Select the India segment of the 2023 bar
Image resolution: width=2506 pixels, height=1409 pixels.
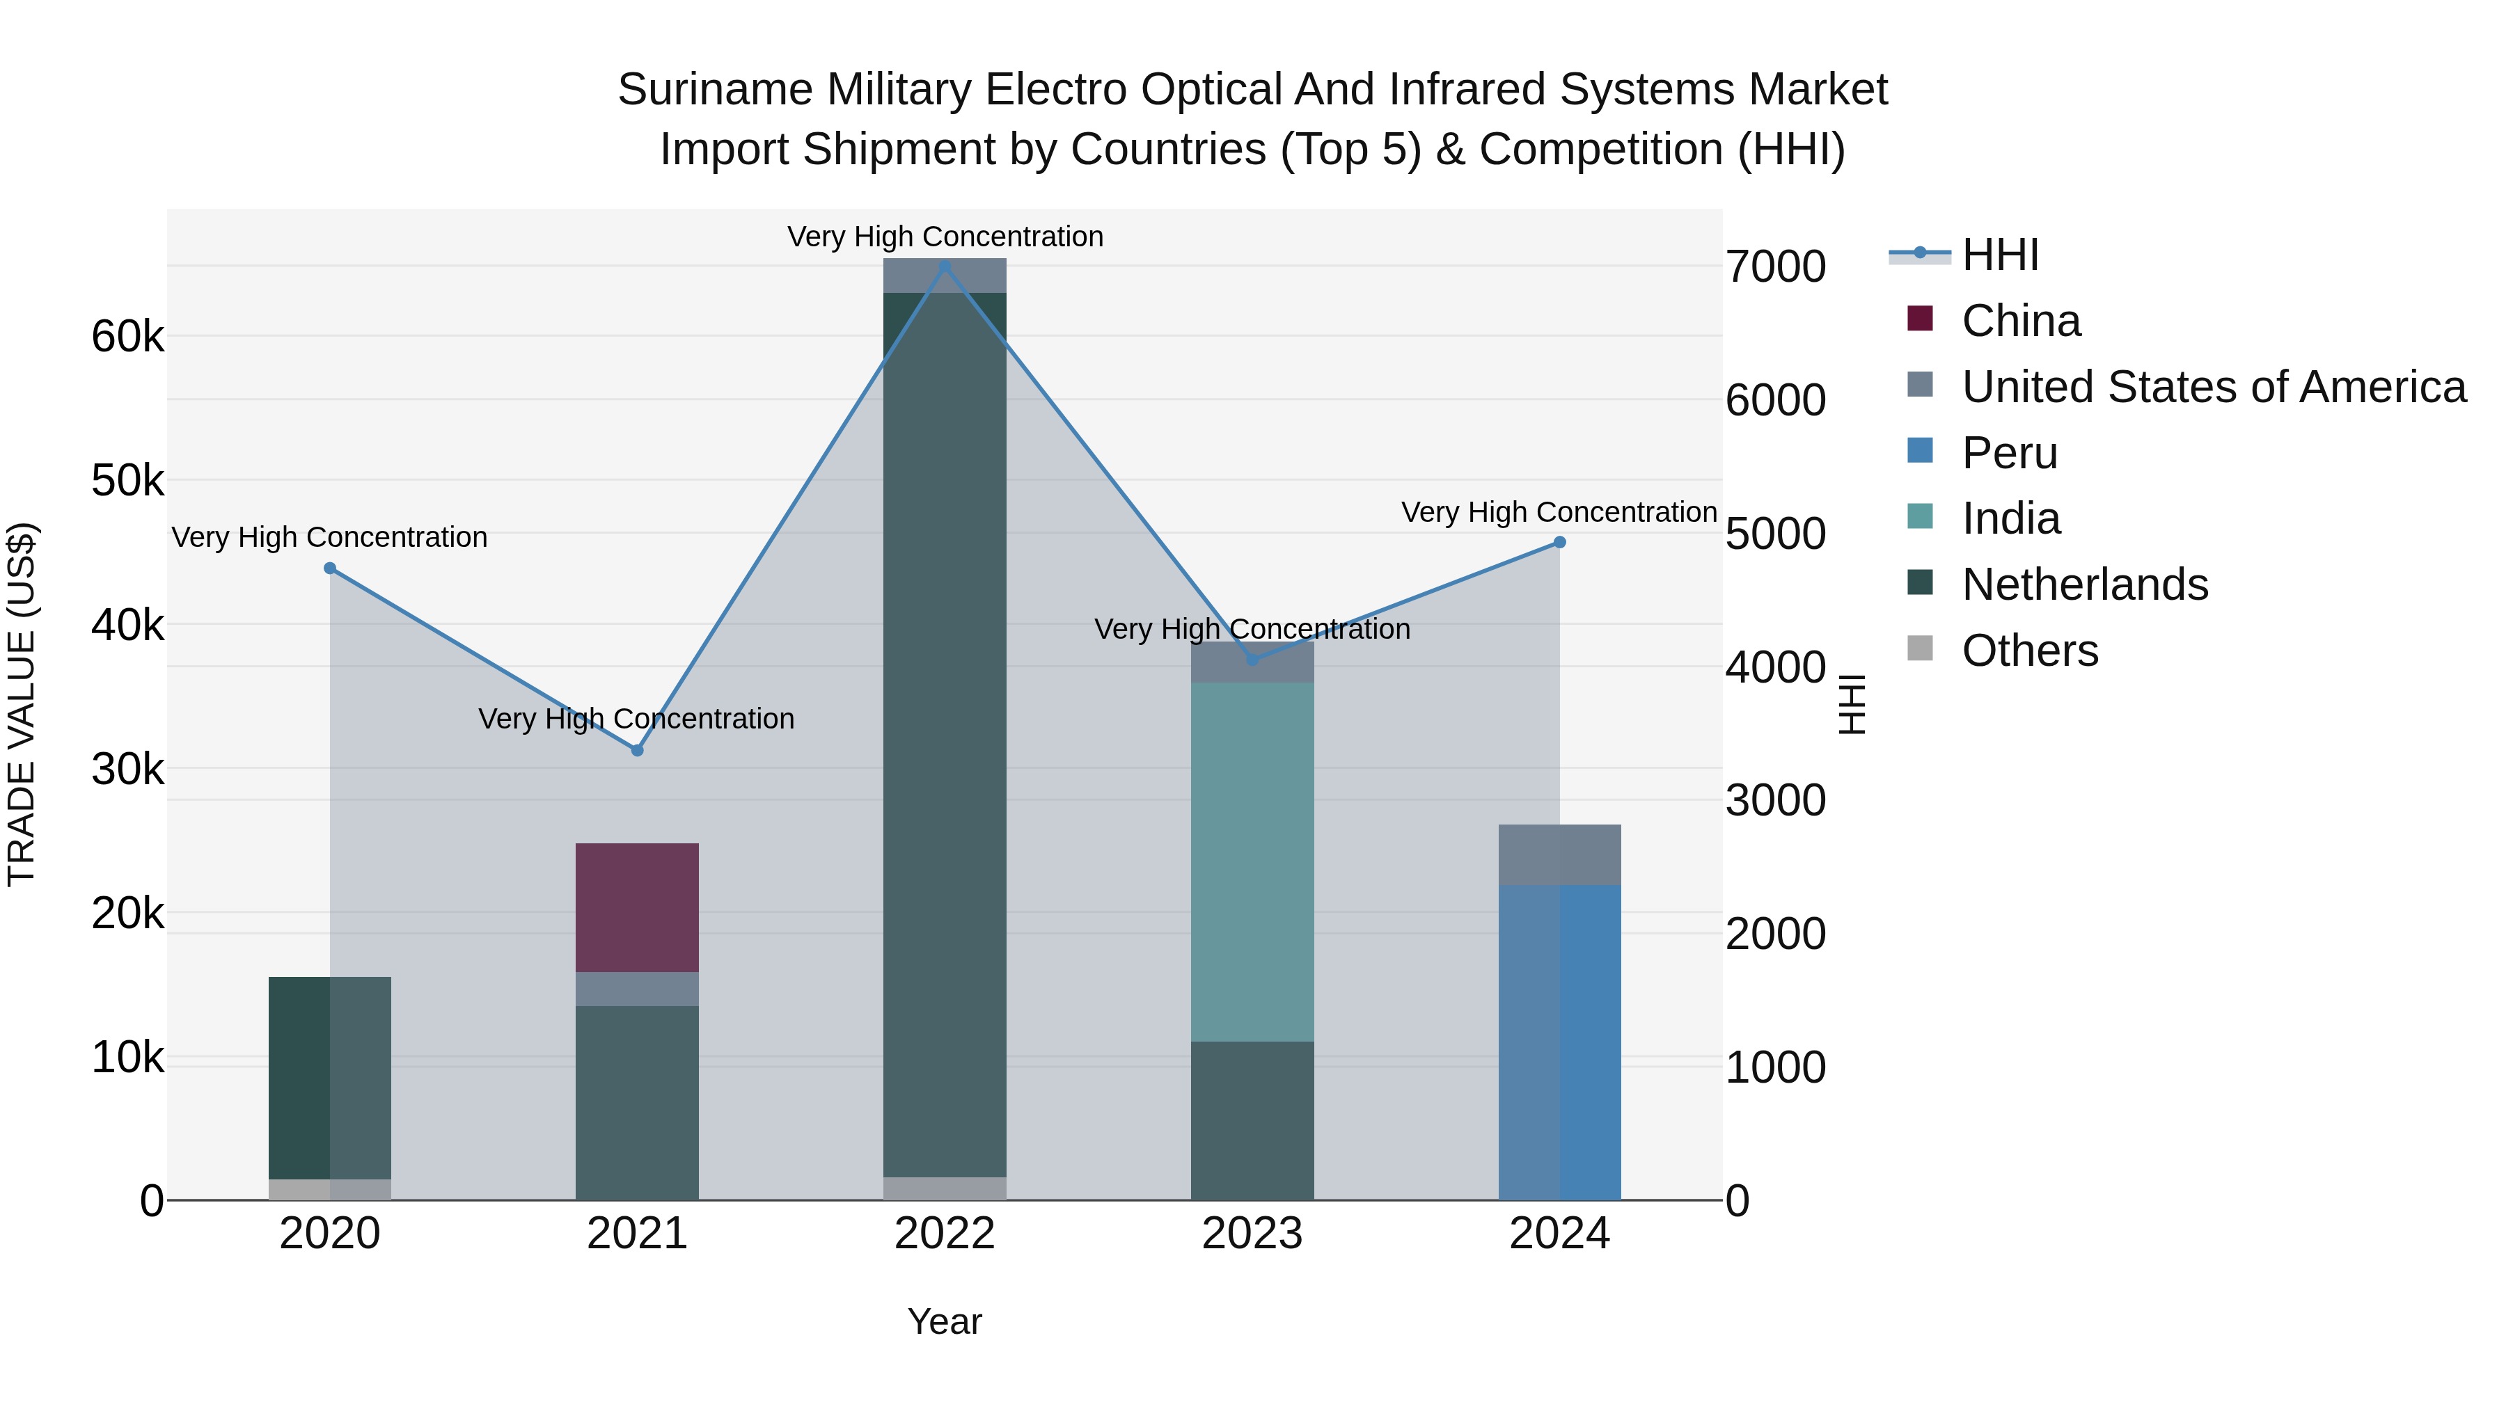[x=1252, y=861]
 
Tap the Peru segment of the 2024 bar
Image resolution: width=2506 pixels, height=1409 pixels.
[x=1559, y=1042]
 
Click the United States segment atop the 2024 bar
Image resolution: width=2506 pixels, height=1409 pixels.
[x=1559, y=854]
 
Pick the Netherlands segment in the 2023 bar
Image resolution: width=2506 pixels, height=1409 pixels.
[x=1252, y=1120]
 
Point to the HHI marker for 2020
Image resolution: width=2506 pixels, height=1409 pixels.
[x=330, y=568]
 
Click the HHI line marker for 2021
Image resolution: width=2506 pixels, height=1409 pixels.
[x=637, y=749]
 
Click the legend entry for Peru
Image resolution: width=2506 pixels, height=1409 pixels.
[x=2010, y=453]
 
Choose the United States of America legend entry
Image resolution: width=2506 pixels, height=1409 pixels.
[x=2213, y=387]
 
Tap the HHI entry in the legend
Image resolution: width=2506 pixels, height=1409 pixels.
[x=2000, y=255]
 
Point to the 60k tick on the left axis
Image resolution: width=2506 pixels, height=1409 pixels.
[x=128, y=337]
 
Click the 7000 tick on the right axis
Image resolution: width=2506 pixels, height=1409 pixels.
[x=1775, y=266]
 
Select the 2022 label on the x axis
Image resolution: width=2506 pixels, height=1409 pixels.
[x=945, y=1234]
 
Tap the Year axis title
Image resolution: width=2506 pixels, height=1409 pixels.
[x=945, y=1321]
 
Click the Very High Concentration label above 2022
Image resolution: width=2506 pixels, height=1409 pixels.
[x=945, y=237]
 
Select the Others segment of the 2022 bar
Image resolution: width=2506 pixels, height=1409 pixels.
[x=945, y=1188]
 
